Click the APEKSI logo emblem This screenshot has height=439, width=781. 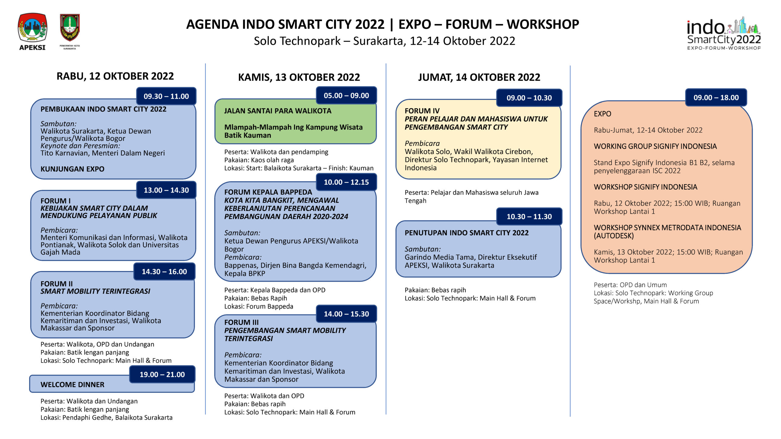(x=32, y=28)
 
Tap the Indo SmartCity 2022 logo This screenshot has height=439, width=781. (x=724, y=34)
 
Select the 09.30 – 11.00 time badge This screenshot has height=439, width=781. (x=166, y=96)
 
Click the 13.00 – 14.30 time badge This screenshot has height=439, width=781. (x=166, y=190)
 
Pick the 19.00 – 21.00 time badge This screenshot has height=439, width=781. (x=162, y=374)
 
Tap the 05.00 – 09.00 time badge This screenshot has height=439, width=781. (x=346, y=95)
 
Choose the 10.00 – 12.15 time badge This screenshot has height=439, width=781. (x=346, y=182)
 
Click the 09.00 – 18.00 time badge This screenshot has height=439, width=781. (x=716, y=98)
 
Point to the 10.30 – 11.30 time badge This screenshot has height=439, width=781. (x=529, y=216)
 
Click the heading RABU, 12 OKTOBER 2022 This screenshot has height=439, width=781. (x=115, y=76)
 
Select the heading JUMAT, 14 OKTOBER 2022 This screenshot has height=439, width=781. (x=479, y=77)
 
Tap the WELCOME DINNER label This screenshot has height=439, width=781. (x=72, y=385)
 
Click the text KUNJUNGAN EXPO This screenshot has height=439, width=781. (x=72, y=169)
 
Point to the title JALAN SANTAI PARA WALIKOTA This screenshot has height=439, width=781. (x=278, y=111)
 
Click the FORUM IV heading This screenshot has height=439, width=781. (x=422, y=111)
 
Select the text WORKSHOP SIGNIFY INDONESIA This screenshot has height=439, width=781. (x=645, y=187)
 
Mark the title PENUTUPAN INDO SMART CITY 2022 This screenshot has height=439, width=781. (x=466, y=233)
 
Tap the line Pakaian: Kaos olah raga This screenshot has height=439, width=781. (x=259, y=160)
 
